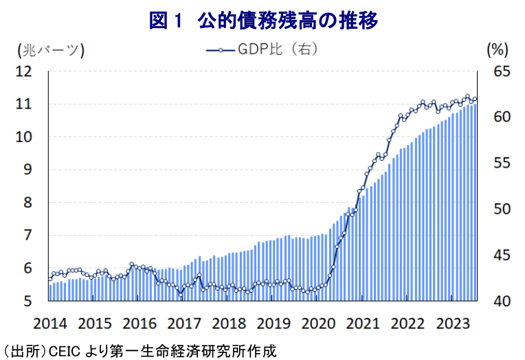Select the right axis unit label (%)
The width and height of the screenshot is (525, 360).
[x=496, y=49]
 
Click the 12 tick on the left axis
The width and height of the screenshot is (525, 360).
[x=24, y=71]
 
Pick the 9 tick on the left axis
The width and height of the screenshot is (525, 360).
[x=28, y=170]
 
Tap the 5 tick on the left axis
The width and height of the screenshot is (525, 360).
[x=28, y=301]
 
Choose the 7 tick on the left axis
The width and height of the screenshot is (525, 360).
[x=28, y=236]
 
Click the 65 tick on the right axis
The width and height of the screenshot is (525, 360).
[x=502, y=71]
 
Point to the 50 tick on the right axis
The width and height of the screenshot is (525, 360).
[x=502, y=210]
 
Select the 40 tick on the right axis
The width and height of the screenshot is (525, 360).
[x=502, y=301]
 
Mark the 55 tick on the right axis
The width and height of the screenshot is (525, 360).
[x=502, y=164]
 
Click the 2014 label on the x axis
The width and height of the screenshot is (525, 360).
[x=50, y=324]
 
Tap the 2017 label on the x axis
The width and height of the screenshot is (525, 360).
[x=184, y=324]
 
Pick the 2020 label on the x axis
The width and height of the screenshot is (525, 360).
[x=318, y=324]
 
